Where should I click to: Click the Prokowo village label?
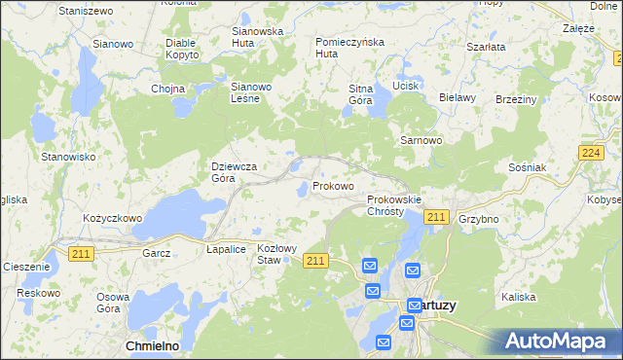tap(333, 186)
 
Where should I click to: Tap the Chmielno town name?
tap(156, 345)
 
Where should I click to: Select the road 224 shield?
tap(590, 154)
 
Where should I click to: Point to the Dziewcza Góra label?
tap(235, 172)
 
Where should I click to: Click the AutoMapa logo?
tap(558, 342)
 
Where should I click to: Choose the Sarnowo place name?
tap(421, 140)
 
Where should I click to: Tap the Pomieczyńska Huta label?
tap(350, 48)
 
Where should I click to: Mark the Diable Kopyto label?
tap(182, 49)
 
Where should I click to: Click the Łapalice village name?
tap(225, 249)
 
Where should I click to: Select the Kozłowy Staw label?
tap(275, 254)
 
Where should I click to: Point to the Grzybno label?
tap(478, 219)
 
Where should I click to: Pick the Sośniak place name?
tap(528, 167)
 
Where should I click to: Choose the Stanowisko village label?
tap(67, 156)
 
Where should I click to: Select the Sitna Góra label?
tap(361, 94)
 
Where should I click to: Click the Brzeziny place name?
tap(516, 99)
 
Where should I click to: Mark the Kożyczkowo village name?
tap(113, 219)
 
